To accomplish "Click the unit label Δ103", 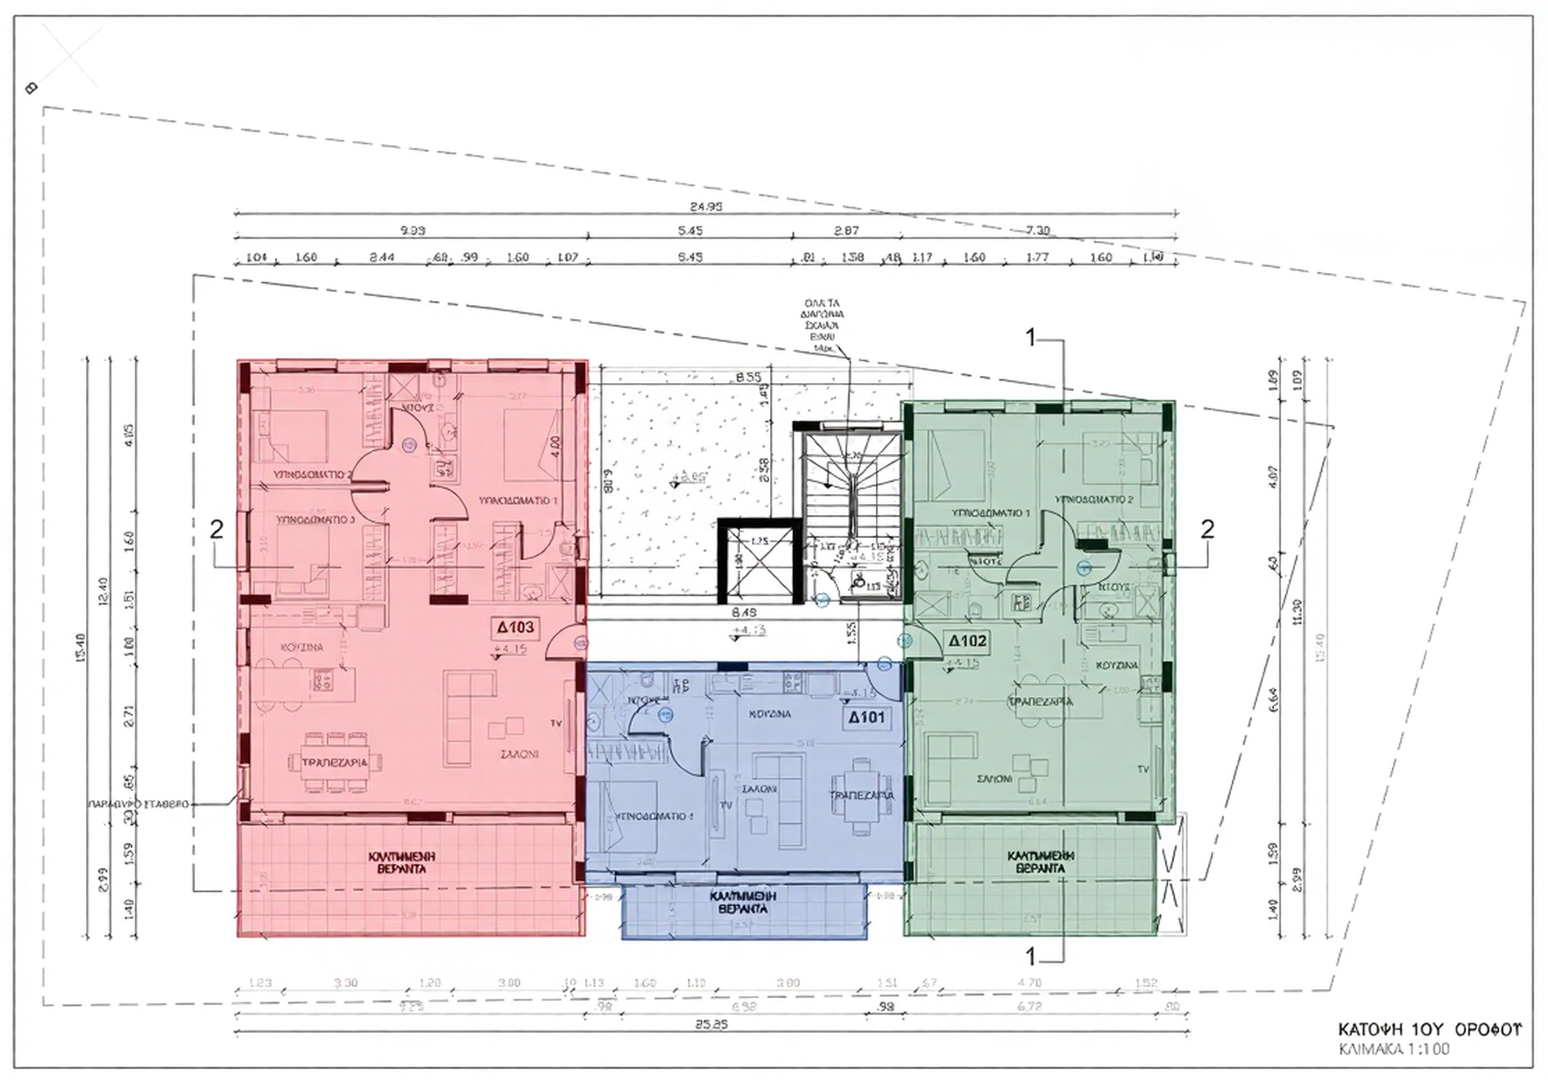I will click(x=516, y=628).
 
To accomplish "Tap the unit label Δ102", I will click(x=967, y=641).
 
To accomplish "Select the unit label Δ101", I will click(x=866, y=718).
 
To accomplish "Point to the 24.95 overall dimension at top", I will click(x=705, y=207).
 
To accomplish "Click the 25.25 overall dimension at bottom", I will click(x=711, y=1024).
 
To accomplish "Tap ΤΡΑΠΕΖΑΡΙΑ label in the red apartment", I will click(x=335, y=763).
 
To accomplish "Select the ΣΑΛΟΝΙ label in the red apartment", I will click(x=520, y=754).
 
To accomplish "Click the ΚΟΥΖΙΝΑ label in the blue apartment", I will click(x=769, y=714).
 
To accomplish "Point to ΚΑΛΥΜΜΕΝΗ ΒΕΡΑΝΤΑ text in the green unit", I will click(x=1041, y=862).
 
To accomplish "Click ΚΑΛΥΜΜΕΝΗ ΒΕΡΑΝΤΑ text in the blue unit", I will click(x=742, y=903).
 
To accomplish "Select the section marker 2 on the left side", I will click(x=216, y=529).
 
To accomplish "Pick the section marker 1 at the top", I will click(x=1030, y=338).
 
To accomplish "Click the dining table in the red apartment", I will click(x=335, y=762).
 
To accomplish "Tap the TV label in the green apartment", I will click(x=1143, y=769).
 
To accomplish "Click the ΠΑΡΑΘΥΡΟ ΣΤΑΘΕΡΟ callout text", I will click(x=139, y=804).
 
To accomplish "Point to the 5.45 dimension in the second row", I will click(x=689, y=231).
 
